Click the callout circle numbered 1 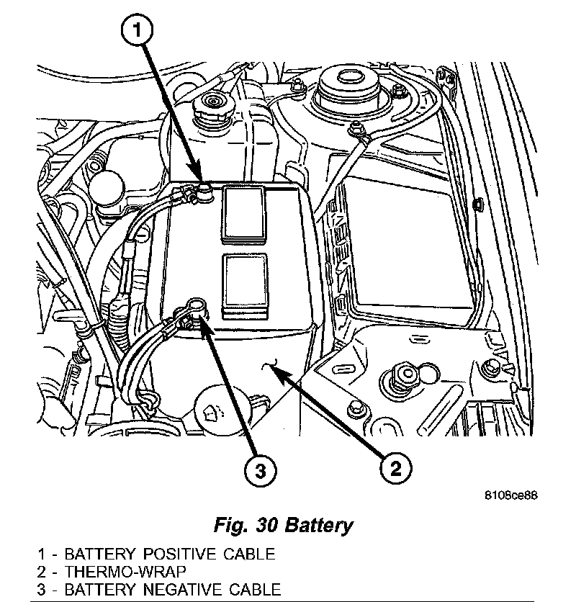tap(139, 32)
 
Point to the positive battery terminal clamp tap(203, 191)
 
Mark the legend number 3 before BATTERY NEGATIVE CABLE tap(43, 590)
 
